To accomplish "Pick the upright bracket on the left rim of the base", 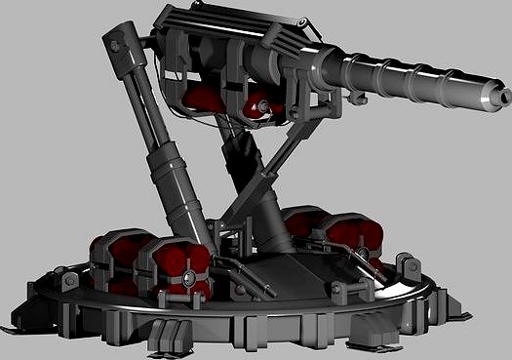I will pyautogui.click(x=68, y=283).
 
